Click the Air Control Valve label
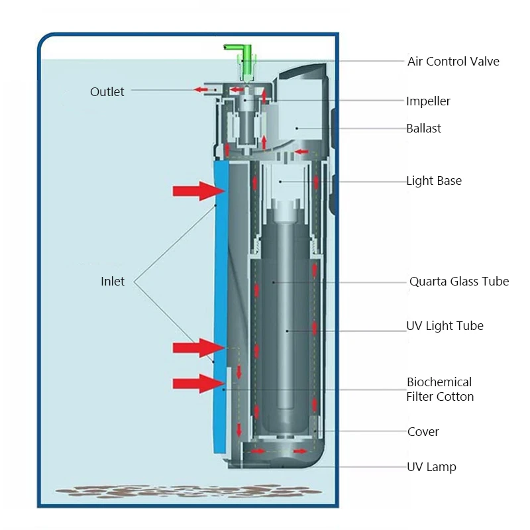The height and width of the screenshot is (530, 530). point(453,62)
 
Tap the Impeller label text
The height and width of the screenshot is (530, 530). point(428,101)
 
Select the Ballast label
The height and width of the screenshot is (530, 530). point(423,129)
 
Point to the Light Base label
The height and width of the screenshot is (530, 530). point(434,181)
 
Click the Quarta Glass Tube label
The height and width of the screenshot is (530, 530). point(459,282)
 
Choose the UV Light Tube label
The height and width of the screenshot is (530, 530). point(445,326)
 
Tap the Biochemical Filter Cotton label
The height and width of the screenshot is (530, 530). point(440,390)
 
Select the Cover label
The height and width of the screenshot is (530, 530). point(423,432)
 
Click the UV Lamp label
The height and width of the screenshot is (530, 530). point(431,467)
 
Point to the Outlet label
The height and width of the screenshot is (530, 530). point(107,92)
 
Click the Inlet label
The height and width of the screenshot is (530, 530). point(113,282)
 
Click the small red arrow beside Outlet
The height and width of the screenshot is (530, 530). point(199,89)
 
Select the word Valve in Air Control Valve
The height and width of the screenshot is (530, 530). point(485,62)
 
